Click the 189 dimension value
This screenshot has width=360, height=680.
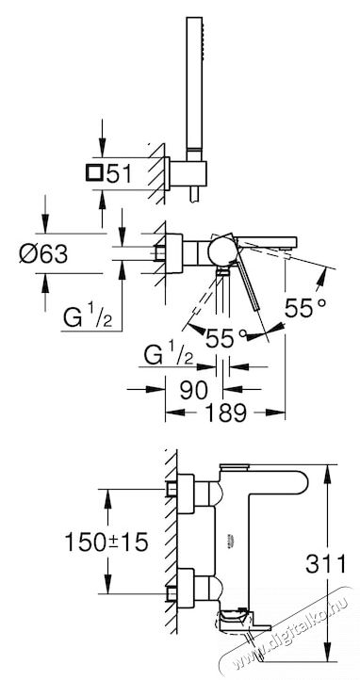pyautogui.click(x=225, y=412)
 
